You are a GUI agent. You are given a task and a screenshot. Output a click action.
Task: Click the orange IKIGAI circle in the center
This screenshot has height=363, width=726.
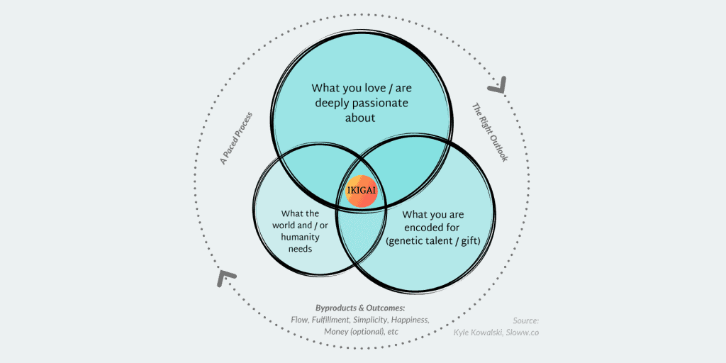(x=362, y=191)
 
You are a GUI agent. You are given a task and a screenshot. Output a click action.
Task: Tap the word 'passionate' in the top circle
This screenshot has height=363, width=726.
(x=382, y=102)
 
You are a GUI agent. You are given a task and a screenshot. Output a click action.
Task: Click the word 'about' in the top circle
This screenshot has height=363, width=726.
(x=359, y=117)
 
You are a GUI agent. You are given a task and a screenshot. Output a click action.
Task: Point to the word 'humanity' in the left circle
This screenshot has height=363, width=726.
(x=301, y=237)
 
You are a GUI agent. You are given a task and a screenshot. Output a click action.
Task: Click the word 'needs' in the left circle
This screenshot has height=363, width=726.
(x=301, y=249)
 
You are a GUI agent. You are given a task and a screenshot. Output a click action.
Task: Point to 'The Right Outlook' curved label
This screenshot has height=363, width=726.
(x=490, y=133)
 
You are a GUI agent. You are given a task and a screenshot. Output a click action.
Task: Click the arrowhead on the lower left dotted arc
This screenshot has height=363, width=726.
(x=226, y=277)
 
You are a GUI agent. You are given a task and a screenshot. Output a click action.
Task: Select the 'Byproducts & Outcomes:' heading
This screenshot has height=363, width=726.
(x=361, y=308)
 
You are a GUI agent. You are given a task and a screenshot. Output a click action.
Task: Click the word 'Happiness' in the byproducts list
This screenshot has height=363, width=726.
(x=412, y=320)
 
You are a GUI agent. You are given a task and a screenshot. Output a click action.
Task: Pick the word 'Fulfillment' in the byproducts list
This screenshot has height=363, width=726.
(x=330, y=320)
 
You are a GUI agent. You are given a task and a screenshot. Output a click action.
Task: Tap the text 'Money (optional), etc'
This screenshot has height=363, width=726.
(x=361, y=332)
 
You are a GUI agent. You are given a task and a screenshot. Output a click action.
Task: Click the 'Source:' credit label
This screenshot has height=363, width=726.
(x=526, y=320)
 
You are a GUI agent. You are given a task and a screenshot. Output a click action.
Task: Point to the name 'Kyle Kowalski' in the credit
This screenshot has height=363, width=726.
(x=477, y=332)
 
